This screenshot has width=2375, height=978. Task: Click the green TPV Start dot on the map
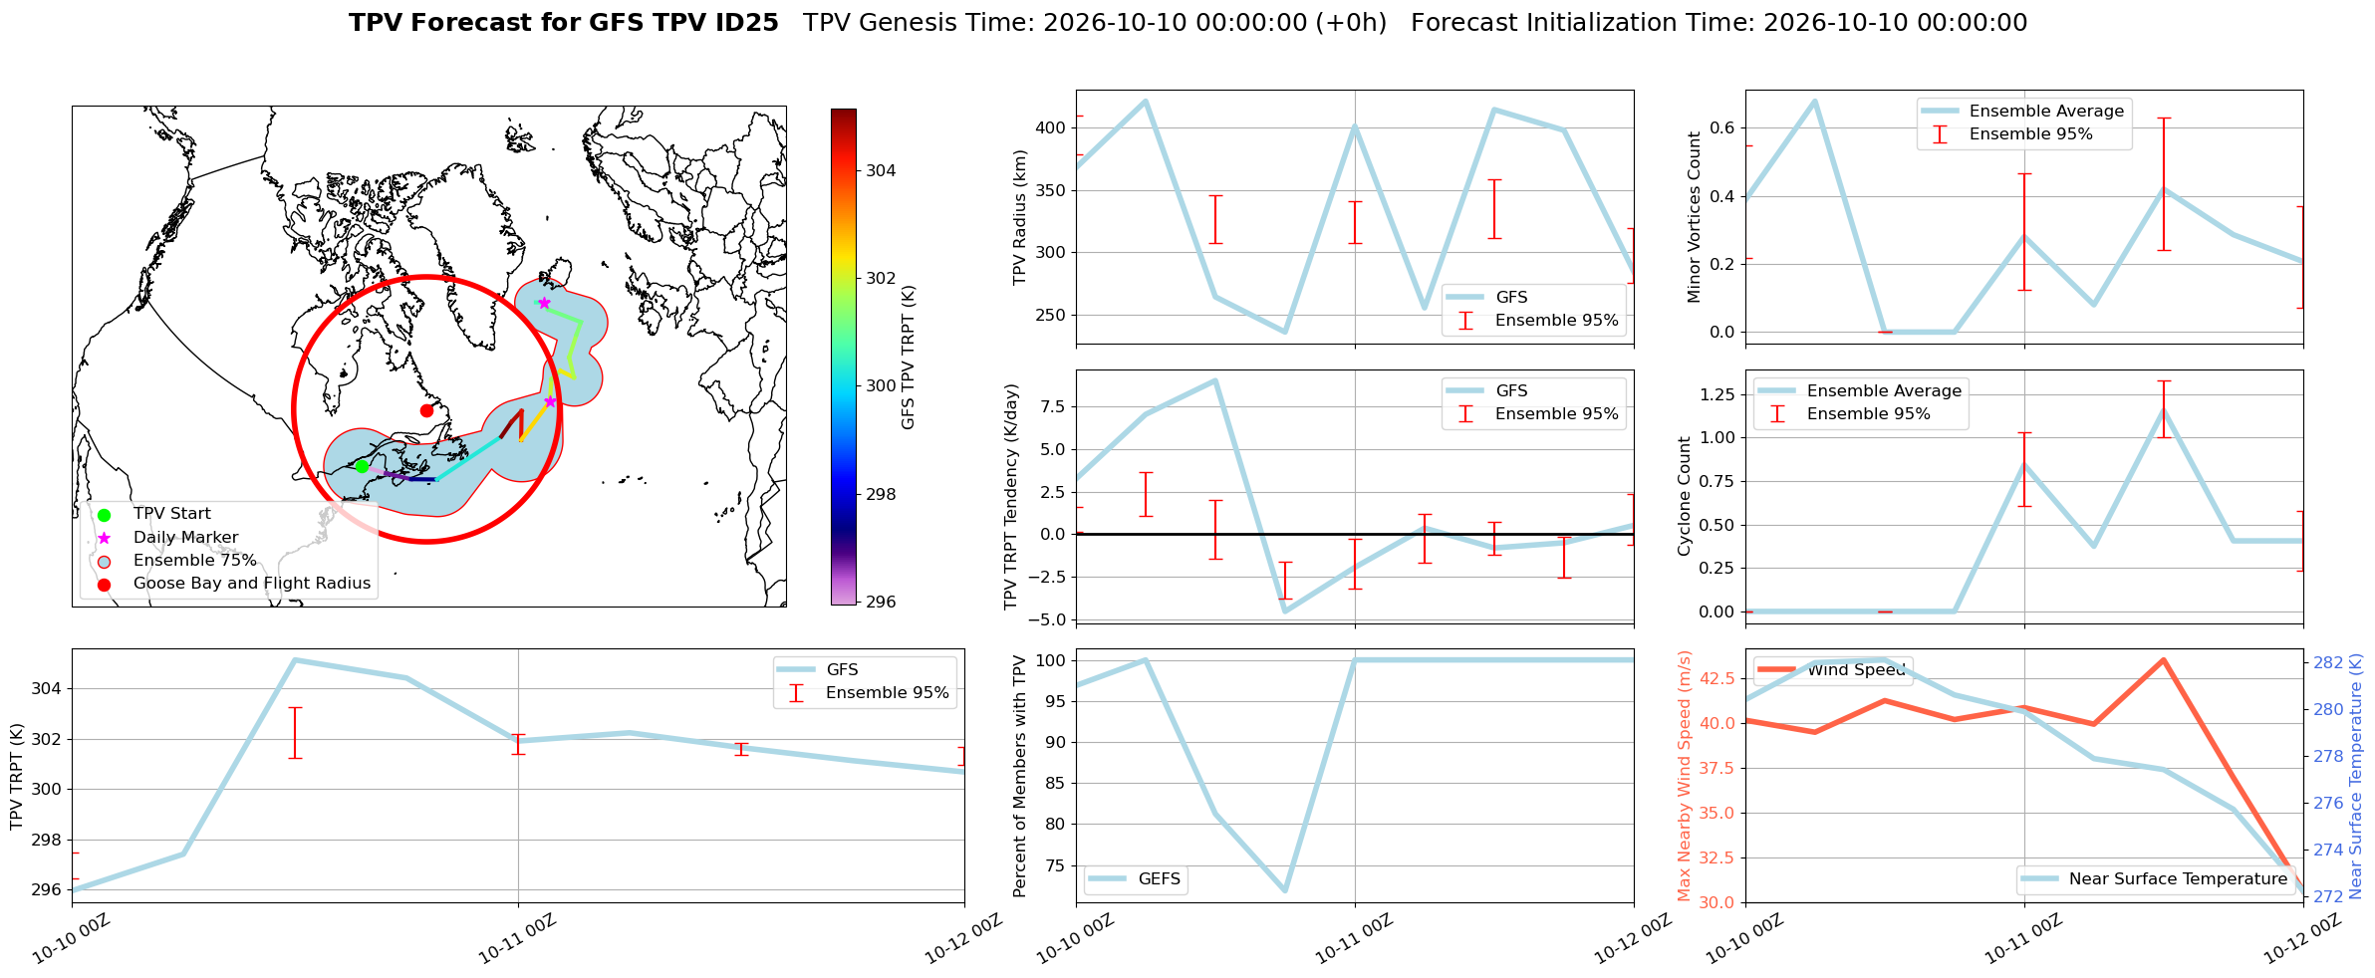362,466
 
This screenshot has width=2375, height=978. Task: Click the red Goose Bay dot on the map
426,410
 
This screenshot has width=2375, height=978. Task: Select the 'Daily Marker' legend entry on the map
185,538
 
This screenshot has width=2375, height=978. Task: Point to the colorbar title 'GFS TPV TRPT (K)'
908,358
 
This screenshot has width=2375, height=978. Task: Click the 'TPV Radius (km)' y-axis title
1019,217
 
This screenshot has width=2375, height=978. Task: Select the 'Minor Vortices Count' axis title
1694,217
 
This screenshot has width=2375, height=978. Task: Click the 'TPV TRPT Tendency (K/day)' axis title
1011,497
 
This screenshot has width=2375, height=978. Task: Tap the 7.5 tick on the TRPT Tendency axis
1054,406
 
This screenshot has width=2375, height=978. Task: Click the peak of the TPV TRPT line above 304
295,659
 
